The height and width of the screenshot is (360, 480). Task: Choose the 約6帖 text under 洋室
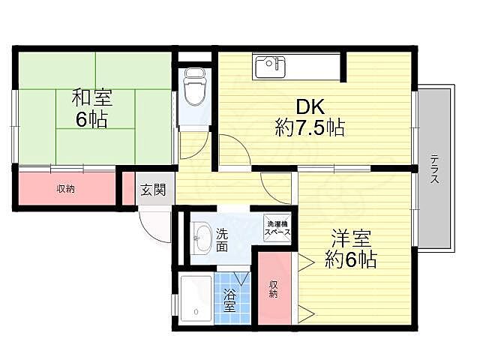coord(351,261)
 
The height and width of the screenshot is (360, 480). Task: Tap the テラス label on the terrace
coord(434,169)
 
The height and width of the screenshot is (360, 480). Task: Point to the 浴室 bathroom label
coord(229,300)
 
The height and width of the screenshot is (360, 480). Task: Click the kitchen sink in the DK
coord(269,67)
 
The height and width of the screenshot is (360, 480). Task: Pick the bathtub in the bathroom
coord(196,299)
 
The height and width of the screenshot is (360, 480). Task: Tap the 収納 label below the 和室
coord(66,189)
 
